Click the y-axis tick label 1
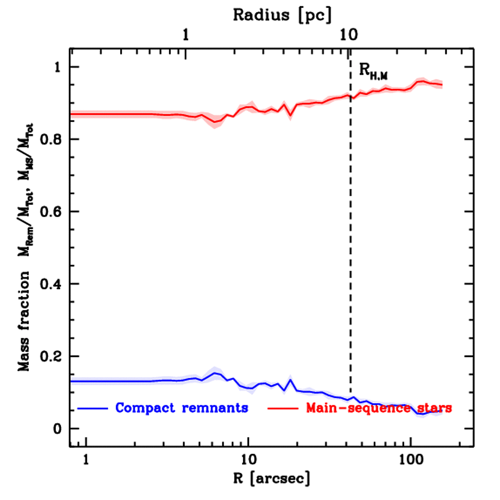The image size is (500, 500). coord(58,67)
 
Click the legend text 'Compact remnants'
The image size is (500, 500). coord(182,408)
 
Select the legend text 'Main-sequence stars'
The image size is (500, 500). coord(378,408)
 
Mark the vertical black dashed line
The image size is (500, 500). coord(350,244)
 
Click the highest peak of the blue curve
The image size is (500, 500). coord(214,373)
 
